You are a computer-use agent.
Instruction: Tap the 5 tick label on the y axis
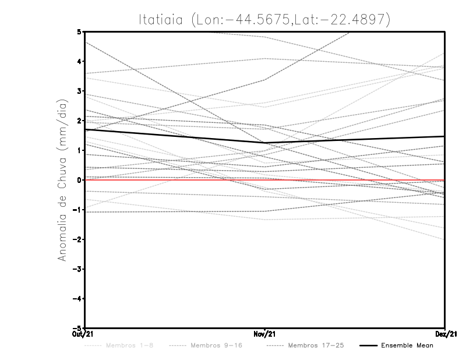[79, 31]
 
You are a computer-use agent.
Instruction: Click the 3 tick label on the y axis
[79, 91]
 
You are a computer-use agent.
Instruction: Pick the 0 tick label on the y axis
[79, 180]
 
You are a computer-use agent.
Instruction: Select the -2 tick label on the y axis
[77, 239]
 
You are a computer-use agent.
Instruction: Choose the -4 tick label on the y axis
[77, 299]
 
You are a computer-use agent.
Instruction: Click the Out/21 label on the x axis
[85, 334]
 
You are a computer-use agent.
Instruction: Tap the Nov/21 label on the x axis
[264, 334]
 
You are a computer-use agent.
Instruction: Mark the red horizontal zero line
[349, 180]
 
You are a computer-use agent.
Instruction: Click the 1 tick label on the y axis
[79, 150]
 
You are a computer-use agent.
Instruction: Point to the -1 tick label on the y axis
[77, 210]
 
